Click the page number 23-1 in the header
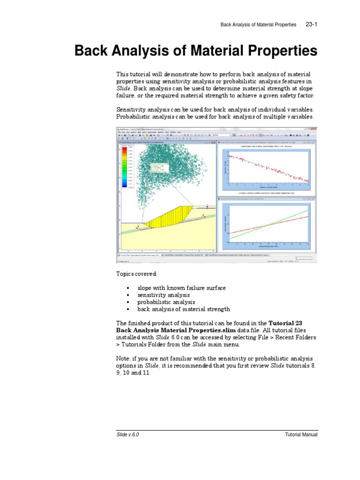pyautogui.click(x=311, y=24)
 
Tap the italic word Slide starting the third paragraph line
pyautogui.click(x=123, y=88)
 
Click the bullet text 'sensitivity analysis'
pyautogui.click(x=163, y=295)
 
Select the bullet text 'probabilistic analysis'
pyautogui.click(x=166, y=302)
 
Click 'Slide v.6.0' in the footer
pyautogui.click(x=127, y=435)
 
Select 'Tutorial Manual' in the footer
pyautogui.click(x=301, y=435)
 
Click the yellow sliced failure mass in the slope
pyautogui.click(x=173, y=214)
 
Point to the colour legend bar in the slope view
pyautogui.click(x=124, y=167)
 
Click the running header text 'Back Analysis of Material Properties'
pyautogui.click(x=258, y=24)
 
